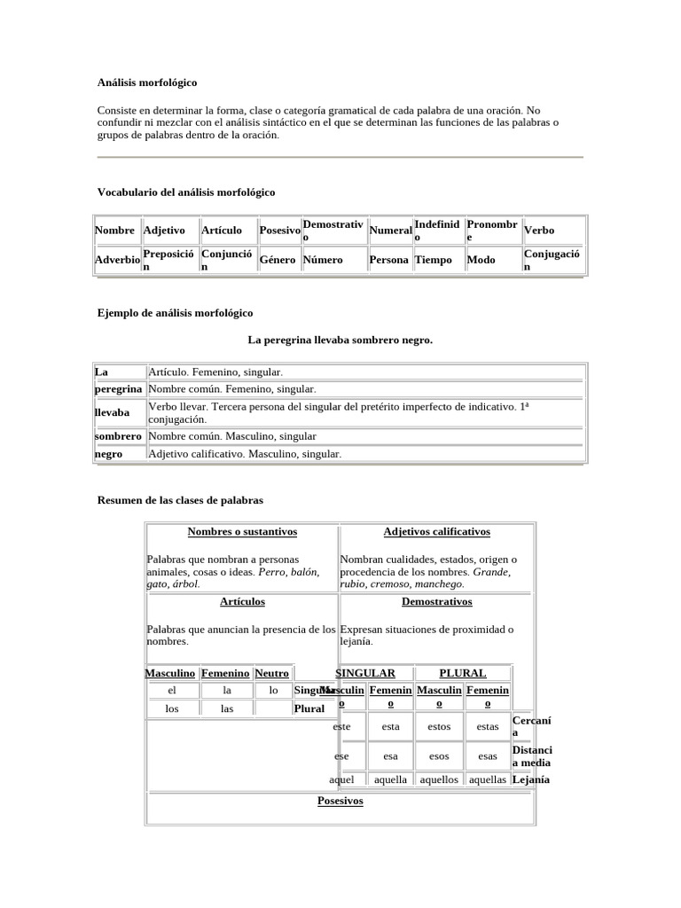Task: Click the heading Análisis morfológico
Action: (x=147, y=82)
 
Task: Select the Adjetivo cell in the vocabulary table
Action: (x=164, y=231)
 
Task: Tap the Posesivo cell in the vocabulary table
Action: (x=279, y=231)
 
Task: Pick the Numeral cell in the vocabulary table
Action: (x=390, y=231)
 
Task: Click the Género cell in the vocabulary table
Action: (x=278, y=260)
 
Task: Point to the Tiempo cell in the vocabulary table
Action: (x=434, y=260)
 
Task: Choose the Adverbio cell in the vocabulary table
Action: (x=117, y=260)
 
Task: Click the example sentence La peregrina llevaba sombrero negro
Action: (x=340, y=340)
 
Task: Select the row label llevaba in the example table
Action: (x=112, y=412)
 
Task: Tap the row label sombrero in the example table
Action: (x=118, y=436)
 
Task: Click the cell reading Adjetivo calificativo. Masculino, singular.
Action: (x=245, y=454)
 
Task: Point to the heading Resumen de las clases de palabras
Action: (x=180, y=500)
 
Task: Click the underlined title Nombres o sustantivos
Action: (x=242, y=532)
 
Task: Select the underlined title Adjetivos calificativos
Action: (x=436, y=532)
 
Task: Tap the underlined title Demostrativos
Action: (x=436, y=601)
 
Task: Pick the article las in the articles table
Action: (x=227, y=708)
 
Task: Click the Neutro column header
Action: (x=272, y=673)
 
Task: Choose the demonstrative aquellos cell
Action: (x=439, y=779)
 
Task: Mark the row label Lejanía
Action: (x=531, y=779)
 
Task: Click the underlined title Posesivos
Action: (x=340, y=801)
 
